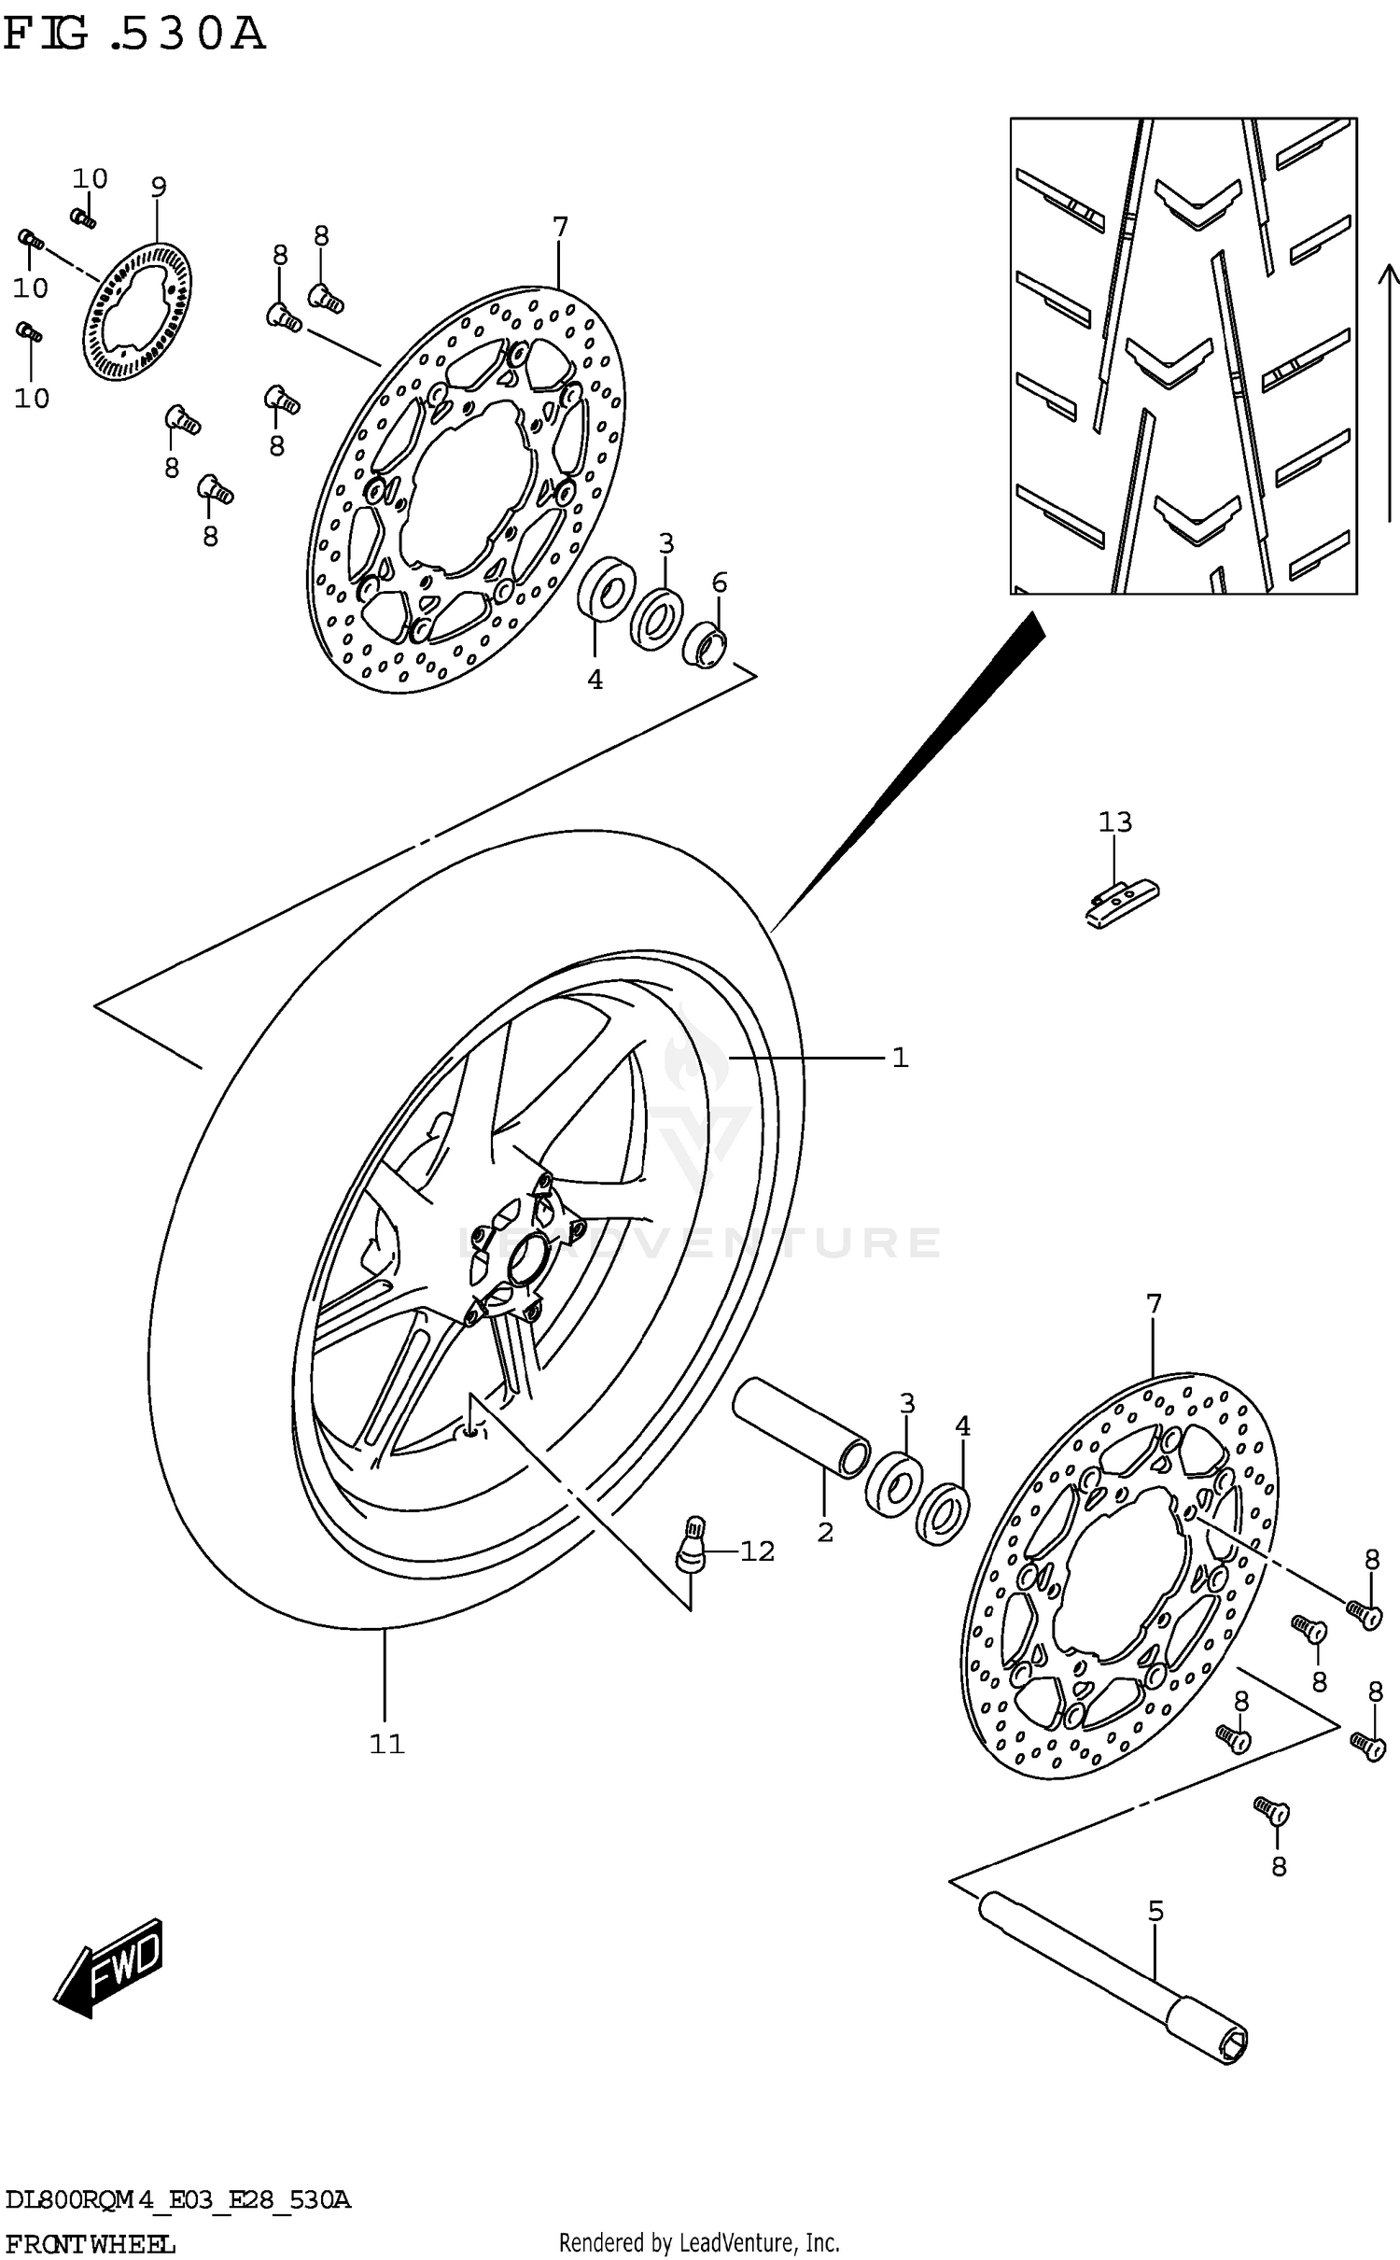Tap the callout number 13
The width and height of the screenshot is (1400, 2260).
pyautogui.click(x=1114, y=822)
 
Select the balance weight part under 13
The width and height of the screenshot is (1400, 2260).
pyautogui.click(x=1121, y=904)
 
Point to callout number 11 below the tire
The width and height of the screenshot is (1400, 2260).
pyautogui.click(x=386, y=1743)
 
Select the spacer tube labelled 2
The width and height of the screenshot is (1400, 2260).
pyautogui.click(x=801, y=1427)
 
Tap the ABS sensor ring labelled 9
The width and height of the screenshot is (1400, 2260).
pyautogui.click(x=139, y=312)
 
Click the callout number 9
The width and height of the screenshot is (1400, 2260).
pyautogui.click(x=159, y=188)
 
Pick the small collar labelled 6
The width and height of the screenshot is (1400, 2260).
pyautogui.click(x=707, y=645)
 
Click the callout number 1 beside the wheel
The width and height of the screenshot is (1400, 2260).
pyautogui.click(x=900, y=1058)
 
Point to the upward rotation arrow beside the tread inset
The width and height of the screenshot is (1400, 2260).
pyautogui.click(x=1389, y=392)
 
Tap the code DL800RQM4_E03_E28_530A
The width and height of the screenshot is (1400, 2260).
pyautogui.click(x=177, y=2198)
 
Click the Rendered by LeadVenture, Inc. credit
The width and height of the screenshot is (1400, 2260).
pyautogui.click(x=699, y=2241)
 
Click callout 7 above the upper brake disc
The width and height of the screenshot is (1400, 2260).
pyautogui.click(x=559, y=227)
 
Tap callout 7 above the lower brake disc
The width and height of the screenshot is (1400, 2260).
pyautogui.click(x=1154, y=1304)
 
